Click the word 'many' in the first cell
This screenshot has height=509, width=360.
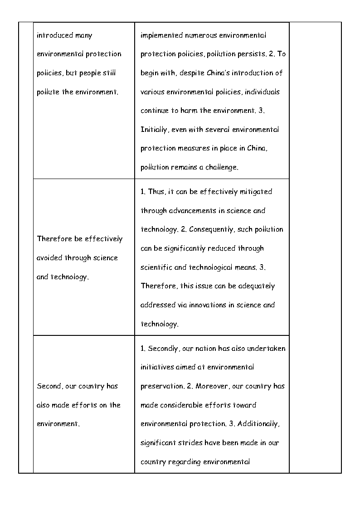pos(84,35)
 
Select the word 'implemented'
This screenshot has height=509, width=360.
pos(161,35)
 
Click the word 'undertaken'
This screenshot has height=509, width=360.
pos(265,349)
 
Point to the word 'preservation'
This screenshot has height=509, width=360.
pos(161,386)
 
